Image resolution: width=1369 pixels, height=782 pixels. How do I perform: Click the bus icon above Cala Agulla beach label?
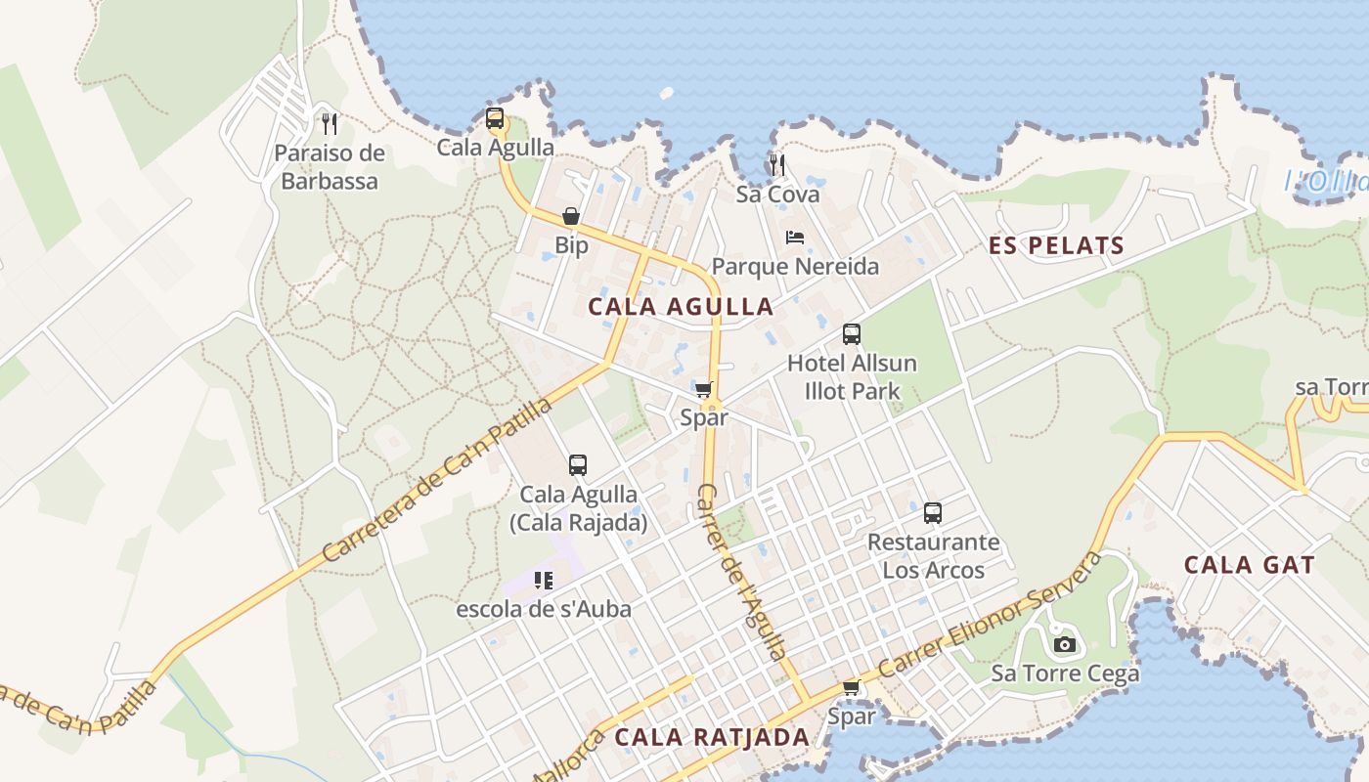495,119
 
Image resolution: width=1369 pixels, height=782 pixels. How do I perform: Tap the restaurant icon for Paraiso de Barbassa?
330,124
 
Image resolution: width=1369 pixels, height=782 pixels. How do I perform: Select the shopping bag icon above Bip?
571,216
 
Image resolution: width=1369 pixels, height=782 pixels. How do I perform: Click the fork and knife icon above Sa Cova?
777,163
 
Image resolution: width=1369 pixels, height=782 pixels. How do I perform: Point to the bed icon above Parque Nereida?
795,238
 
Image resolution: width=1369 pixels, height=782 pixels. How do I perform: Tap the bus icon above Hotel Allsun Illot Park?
852,334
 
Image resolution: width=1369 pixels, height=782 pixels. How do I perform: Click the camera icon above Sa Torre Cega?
1065,644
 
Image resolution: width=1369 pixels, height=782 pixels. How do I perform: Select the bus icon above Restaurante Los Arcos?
933,513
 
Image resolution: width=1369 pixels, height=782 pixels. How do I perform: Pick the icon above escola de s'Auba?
544,581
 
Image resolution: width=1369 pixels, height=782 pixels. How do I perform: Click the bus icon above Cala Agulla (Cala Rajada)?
578,465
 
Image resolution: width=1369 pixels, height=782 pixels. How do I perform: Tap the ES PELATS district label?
1056,245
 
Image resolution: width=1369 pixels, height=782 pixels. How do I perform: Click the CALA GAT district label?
1250,564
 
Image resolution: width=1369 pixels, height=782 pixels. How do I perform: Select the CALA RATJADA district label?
712,737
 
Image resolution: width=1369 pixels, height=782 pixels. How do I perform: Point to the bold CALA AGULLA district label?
681,307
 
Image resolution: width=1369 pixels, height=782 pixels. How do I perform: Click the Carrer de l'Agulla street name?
742,571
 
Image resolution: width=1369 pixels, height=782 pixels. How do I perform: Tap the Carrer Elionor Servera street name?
990,616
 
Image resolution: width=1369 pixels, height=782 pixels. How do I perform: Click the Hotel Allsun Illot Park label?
852,377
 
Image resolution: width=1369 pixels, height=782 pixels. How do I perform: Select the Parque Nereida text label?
795,266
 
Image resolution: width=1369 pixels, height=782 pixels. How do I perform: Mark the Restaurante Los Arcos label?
933,556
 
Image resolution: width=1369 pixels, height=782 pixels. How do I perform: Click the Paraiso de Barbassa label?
330,167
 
